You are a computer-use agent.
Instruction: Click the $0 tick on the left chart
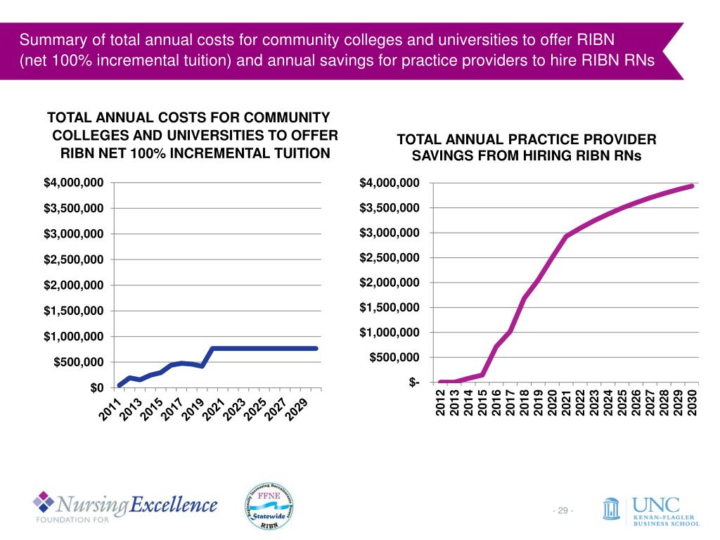[x=96, y=387]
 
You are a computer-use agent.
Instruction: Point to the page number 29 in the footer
[x=562, y=510]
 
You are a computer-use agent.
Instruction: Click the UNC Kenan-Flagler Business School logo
[x=650, y=511]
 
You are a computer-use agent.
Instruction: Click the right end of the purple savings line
[x=692, y=186]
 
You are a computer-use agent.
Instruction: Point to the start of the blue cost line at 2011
[x=119, y=385]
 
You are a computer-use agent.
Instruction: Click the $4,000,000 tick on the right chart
[x=390, y=184]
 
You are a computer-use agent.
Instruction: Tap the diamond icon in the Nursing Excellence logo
[x=44, y=502]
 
